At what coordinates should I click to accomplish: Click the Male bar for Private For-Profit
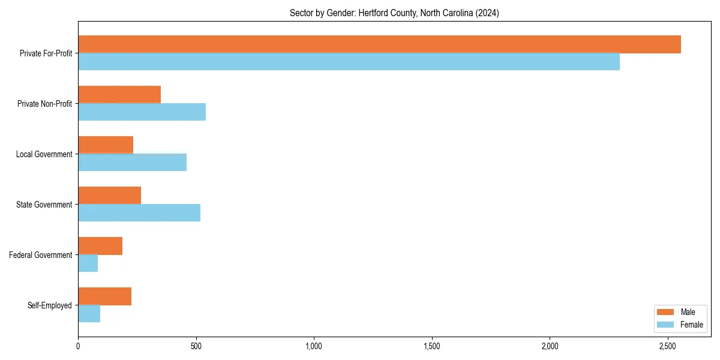(379, 44)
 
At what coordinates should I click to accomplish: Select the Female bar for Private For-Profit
(349, 62)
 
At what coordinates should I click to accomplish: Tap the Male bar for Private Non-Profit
(119, 95)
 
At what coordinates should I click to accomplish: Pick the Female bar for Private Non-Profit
(142, 112)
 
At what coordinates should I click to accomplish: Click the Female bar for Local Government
(132, 163)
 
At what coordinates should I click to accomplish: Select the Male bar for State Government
(109, 196)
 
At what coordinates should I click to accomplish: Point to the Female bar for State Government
(139, 213)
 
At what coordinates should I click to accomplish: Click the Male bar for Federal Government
(100, 246)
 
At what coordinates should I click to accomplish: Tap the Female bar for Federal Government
(88, 263)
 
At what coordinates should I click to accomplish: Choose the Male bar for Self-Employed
(104, 296)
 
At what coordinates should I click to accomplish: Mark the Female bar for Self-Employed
(89, 314)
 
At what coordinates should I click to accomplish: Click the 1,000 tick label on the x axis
(314, 346)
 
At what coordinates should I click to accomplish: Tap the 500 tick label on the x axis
(196, 346)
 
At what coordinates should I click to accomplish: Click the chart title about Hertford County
(394, 13)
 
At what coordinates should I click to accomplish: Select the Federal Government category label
(41, 255)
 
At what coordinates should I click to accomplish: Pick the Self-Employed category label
(50, 305)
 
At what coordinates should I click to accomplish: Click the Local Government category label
(44, 154)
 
